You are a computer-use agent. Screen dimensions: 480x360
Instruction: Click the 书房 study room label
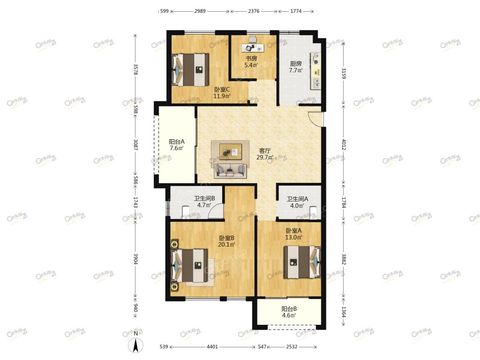[x=251, y=58]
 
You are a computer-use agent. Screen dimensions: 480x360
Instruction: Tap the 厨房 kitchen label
[x=296, y=63]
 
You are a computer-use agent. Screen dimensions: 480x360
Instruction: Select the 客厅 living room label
[x=265, y=150]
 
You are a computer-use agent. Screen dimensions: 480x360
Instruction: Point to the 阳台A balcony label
[x=177, y=142]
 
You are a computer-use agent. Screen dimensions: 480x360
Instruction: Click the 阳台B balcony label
[x=289, y=309]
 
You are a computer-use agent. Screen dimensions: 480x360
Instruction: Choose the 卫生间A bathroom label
[x=297, y=199]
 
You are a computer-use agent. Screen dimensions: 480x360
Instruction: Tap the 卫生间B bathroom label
[x=204, y=198]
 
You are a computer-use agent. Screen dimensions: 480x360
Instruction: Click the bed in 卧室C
[x=190, y=70]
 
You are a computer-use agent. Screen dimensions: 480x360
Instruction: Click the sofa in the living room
[x=230, y=171]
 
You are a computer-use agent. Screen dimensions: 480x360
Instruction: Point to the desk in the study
[x=253, y=48]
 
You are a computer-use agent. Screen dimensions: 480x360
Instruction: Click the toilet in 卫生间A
[x=313, y=212]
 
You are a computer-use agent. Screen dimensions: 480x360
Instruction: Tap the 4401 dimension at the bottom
[x=212, y=346]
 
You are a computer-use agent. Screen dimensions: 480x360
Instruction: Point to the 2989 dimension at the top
[x=200, y=11]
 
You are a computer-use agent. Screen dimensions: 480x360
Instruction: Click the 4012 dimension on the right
[x=344, y=144]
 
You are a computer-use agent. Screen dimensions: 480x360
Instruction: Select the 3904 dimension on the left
[x=135, y=259]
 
